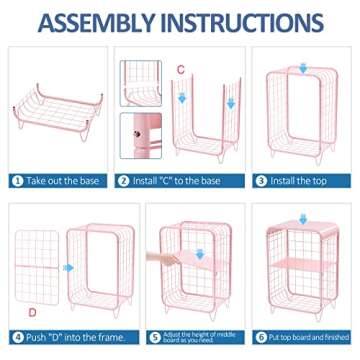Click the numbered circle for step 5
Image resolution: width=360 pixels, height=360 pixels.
(152, 336)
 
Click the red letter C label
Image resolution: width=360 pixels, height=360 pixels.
(180, 68)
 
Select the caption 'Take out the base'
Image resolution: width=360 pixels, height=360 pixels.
(60, 182)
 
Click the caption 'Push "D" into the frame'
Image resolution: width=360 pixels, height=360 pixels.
(65, 336)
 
